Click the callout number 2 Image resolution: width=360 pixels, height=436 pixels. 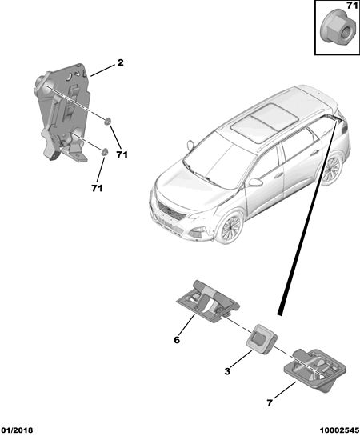(120, 62)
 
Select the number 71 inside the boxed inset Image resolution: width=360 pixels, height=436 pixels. (352, 6)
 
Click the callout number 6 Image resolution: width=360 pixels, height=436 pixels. (177, 340)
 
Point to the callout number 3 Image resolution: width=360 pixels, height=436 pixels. (227, 371)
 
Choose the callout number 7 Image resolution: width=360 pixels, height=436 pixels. (270, 403)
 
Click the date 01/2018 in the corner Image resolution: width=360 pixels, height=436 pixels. (17, 430)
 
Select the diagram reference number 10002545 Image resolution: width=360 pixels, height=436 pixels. (339, 430)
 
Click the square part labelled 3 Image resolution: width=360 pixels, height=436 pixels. (262, 339)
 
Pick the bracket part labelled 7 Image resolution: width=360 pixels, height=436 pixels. (315, 370)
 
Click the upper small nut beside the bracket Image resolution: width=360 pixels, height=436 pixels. (107, 121)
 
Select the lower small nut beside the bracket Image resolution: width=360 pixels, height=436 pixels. (104, 152)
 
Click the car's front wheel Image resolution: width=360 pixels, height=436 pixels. (231, 229)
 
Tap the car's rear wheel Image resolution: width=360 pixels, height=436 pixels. (332, 169)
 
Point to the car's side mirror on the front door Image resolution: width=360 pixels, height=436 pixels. (255, 182)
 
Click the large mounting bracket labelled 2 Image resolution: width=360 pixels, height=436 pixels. (62, 112)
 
